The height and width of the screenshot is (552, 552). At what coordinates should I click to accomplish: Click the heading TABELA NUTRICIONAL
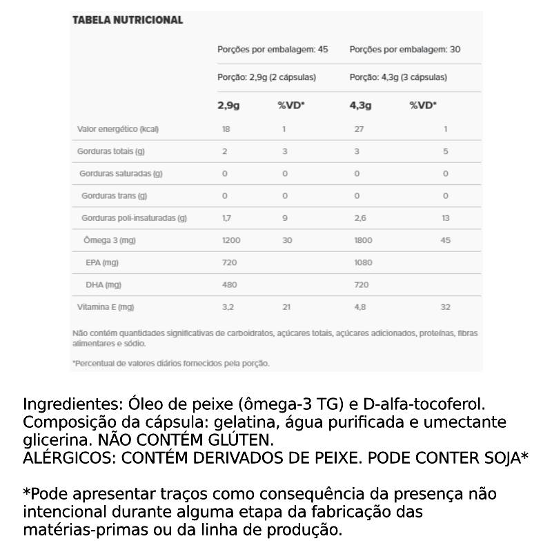point(128,21)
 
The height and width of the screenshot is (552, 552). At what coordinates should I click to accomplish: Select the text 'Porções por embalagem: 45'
point(273,50)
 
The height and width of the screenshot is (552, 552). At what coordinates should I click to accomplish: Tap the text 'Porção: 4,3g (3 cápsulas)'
point(398,77)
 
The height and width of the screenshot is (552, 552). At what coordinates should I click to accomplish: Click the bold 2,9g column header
point(228,106)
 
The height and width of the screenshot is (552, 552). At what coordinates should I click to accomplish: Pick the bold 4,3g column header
point(360,106)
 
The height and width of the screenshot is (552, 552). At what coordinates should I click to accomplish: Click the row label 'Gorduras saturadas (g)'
point(121,174)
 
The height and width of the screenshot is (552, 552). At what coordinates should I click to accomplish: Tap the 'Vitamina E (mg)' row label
point(106,307)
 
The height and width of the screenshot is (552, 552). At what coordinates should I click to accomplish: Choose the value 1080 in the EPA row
point(363,262)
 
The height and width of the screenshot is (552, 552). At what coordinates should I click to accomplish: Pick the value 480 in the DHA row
point(229,284)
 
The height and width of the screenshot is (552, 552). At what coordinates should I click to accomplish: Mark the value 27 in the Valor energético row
point(359,129)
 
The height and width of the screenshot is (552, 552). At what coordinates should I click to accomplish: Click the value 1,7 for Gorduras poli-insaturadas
point(226,218)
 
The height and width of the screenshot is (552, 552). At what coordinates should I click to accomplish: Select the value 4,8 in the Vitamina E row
point(360,307)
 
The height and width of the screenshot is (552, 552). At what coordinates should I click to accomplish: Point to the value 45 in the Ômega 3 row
point(446,240)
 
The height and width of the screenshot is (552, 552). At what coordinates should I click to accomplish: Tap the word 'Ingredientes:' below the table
point(66,404)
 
